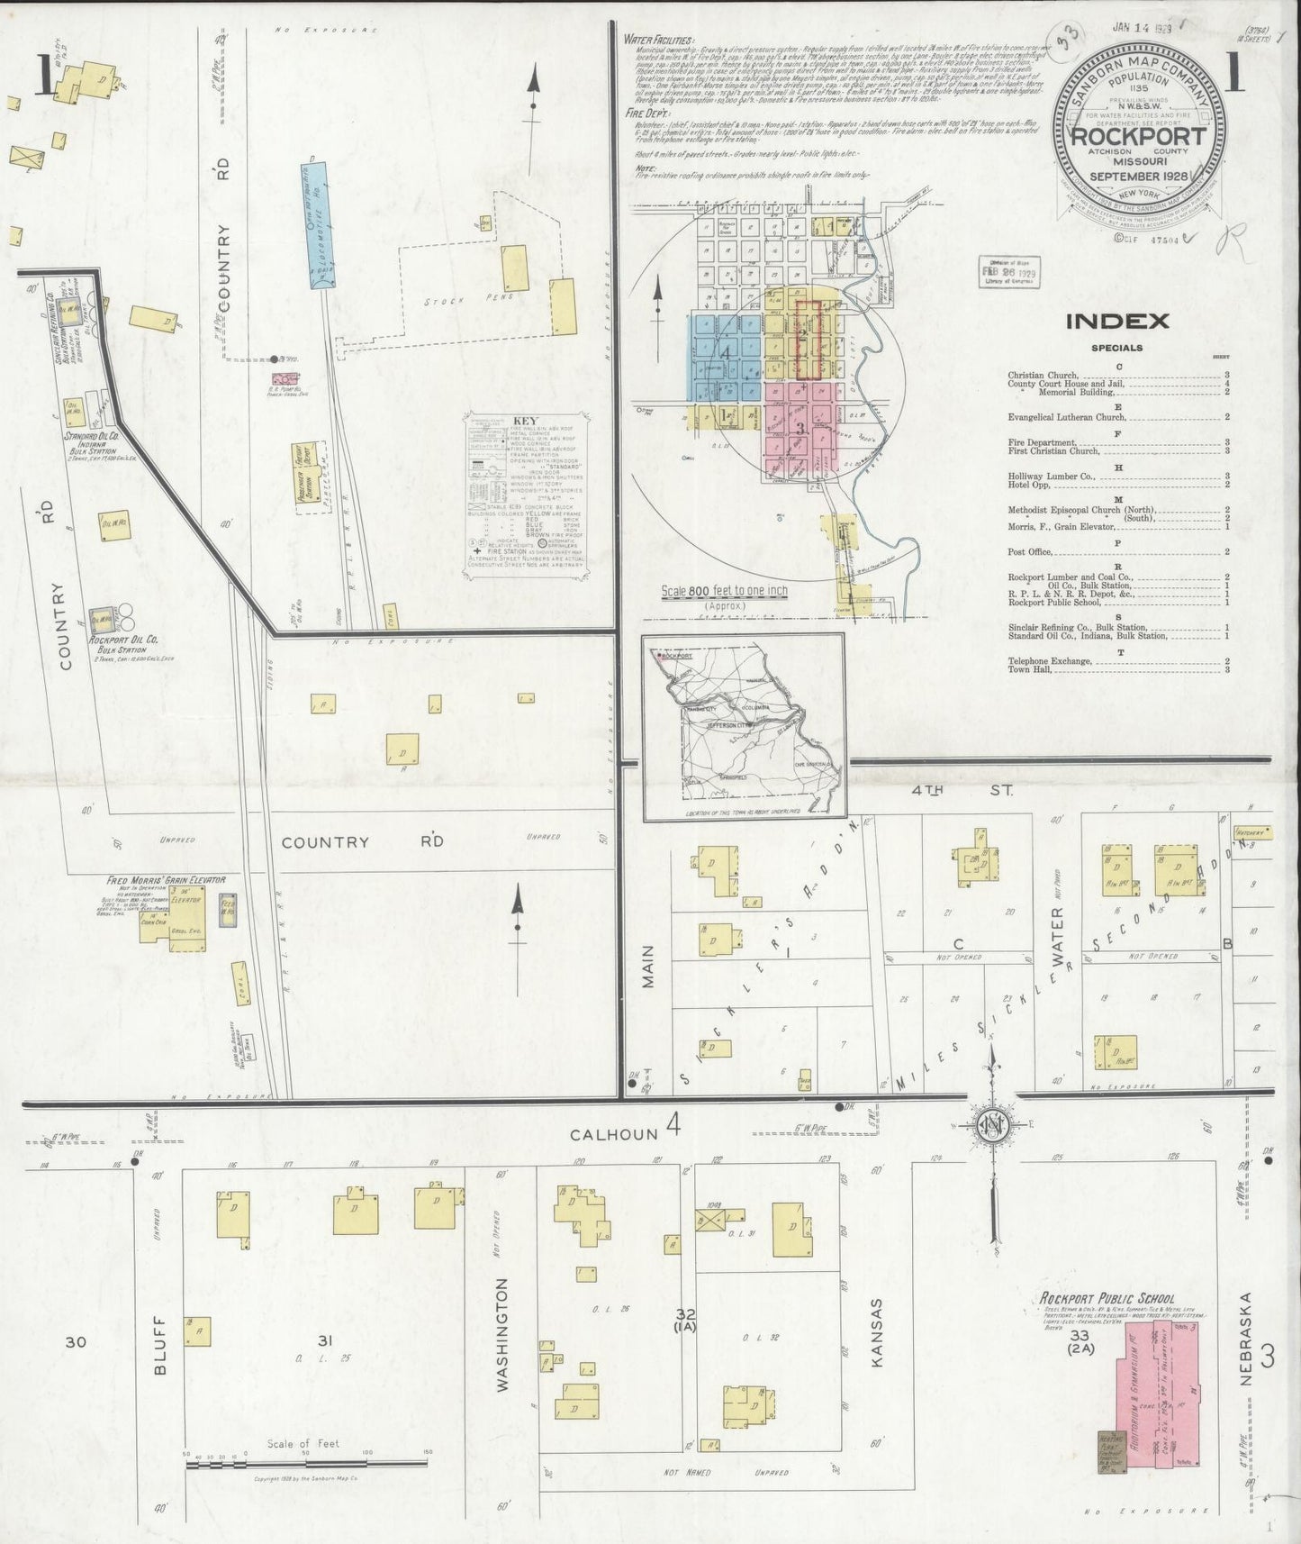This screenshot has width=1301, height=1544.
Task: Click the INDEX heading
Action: pyautogui.click(x=1116, y=321)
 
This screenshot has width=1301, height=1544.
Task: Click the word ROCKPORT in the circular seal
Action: pyautogui.click(x=1138, y=137)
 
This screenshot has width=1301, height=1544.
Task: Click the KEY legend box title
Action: pyautogui.click(x=524, y=421)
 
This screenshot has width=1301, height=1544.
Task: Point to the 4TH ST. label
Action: pyautogui.click(x=962, y=790)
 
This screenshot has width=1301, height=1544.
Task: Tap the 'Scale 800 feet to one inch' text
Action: pyautogui.click(x=724, y=591)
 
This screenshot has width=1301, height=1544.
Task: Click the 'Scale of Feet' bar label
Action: pyautogui.click(x=303, y=1444)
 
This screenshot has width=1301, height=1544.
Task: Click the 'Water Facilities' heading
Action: pyautogui.click(x=659, y=40)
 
